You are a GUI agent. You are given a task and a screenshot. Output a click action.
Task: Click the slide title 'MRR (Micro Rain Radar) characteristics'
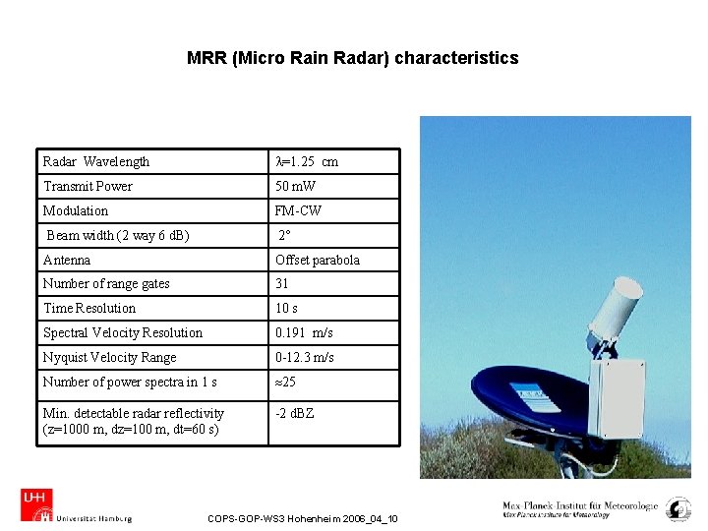352,58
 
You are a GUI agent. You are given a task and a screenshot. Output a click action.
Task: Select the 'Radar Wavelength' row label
96,161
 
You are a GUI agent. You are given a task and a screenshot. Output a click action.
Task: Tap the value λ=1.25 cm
307,161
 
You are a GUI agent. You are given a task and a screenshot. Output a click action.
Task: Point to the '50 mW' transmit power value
295,186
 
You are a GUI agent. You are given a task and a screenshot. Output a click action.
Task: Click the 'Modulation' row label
76,210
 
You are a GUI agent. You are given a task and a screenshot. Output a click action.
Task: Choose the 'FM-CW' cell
298,210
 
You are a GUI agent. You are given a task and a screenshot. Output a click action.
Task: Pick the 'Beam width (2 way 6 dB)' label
118,235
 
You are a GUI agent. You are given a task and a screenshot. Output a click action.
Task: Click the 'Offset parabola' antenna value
318,260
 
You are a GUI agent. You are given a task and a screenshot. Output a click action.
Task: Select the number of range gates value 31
282,283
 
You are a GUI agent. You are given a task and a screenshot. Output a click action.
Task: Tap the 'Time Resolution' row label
89,308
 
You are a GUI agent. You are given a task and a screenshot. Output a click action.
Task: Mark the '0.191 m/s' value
304,332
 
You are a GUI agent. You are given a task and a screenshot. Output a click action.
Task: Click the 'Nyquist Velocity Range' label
110,357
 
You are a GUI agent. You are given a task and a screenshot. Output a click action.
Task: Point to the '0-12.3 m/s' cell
305,357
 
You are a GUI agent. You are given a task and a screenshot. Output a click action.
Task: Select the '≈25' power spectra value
286,382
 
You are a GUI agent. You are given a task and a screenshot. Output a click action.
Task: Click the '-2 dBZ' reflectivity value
295,413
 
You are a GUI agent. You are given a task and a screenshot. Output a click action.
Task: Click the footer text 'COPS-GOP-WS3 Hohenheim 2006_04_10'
303,518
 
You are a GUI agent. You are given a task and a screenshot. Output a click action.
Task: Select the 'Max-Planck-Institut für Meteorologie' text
580,505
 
